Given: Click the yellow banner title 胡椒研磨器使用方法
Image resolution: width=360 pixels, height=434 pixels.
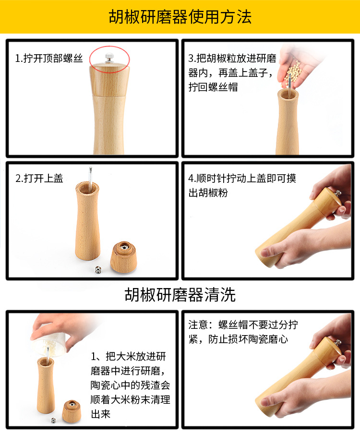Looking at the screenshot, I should coord(180,17).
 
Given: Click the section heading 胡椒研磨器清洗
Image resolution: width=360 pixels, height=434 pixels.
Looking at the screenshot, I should coord(180,294).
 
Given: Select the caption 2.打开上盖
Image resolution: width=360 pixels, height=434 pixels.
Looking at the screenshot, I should coord(39,179).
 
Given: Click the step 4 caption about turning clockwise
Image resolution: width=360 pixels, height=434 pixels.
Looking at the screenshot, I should coord(242,185).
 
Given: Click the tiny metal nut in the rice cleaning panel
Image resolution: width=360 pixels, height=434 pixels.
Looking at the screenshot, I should coord(53,421).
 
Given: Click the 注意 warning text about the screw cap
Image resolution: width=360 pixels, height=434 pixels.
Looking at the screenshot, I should coord(243,332).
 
